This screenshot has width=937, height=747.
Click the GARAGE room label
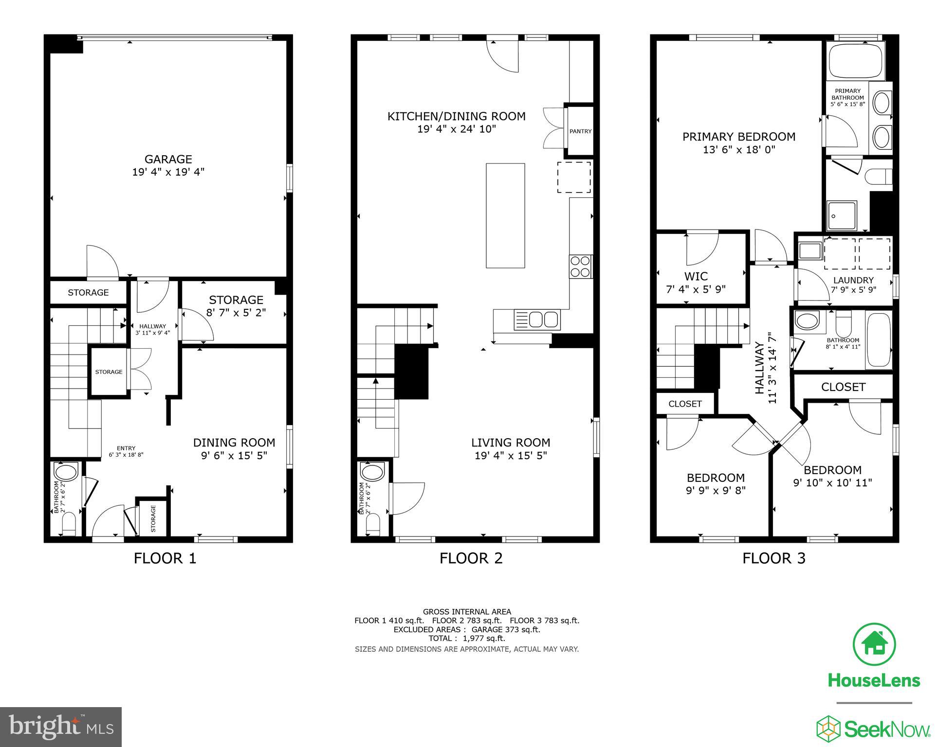[x=168, y=159]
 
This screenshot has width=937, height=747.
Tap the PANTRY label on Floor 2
[x=580, y=131]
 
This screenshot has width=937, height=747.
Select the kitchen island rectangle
[x=505, y=215]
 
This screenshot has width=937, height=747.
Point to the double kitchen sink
[x=543, y=320]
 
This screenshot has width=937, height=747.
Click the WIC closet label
[x=696, y=277]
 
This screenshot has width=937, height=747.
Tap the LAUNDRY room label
[x=853, y=280]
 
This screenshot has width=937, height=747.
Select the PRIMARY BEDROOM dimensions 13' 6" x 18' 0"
[x=738, y=150]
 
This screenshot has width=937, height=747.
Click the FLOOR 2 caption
[x=471, y=558]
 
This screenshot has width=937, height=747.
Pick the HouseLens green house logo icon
[x=875, y=645]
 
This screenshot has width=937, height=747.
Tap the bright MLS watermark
[x=61, y=728]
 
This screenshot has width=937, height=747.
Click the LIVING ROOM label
[x=510, y=443]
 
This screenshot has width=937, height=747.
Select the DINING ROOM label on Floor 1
[x=234, y=443]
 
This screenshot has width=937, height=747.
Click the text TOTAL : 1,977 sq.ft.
[x=466, y=639]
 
